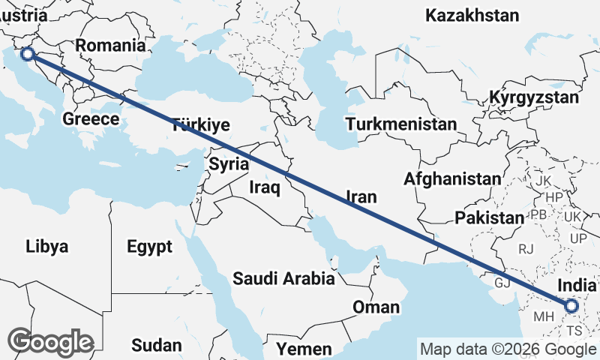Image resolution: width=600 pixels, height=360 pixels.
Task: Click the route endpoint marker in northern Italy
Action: pos(27,53)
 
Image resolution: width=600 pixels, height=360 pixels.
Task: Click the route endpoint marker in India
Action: pos(571,305)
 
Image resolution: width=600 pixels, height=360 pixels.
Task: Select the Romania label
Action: pos(109,45)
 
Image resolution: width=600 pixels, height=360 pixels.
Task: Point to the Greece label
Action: pos(91,118)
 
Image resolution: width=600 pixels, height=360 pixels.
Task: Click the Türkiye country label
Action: pos(200,124)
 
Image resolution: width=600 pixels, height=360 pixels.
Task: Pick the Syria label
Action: pos(228,163)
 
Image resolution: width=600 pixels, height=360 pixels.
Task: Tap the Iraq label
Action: pos(265,187)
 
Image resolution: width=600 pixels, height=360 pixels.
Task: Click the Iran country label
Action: pos(361,196)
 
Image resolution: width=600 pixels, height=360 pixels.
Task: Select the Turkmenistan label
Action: pos(402,124)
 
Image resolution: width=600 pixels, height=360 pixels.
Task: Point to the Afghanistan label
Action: pos(451,179)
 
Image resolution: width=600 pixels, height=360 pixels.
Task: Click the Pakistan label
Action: pos(488,217)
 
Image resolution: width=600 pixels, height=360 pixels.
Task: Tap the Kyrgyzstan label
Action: pos(534,97)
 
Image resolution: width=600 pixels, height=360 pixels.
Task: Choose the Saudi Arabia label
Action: pos(283,279)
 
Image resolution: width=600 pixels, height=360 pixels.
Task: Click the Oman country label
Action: pos(376,307)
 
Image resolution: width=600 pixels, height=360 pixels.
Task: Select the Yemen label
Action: pos(304,349)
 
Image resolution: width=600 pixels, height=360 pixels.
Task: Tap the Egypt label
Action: pos(149,247)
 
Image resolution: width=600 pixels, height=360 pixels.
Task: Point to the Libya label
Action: pos(46,246)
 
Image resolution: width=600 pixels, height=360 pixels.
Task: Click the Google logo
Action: pos(50,342)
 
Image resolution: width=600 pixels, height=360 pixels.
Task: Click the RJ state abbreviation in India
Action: pos(526,248)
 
